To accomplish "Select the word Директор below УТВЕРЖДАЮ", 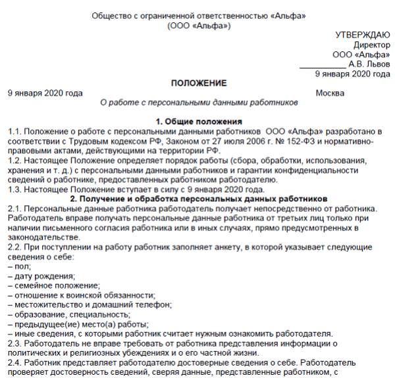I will (x=371, y=45).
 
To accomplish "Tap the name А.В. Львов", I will (x=369, y=64).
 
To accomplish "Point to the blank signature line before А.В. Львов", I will (x=322, y=66).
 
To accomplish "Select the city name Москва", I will (x=330, y=93).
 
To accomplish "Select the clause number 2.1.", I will (x=14, y=208).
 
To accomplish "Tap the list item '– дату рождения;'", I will (x=41, y=275).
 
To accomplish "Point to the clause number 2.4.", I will (x=14, y=363).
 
